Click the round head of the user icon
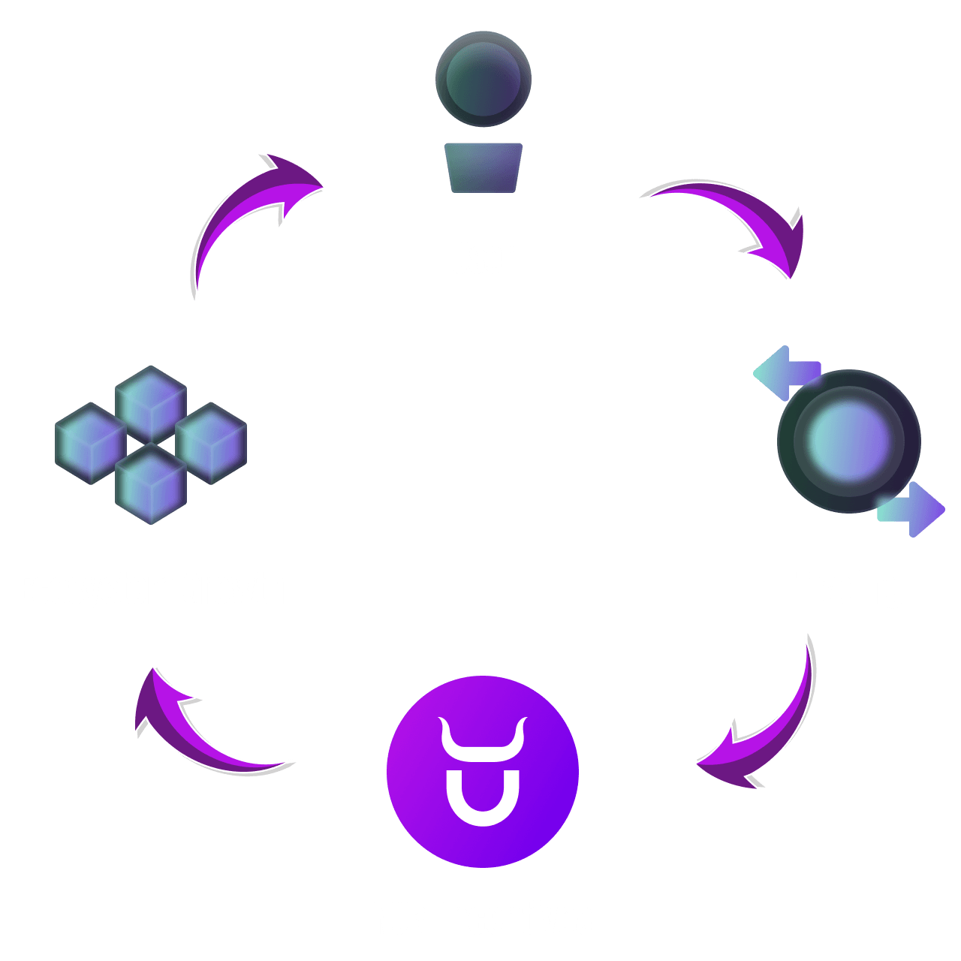(484, 79)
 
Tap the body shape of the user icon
(484, 167)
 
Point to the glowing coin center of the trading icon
(849, 441)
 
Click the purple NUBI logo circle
(483, 772)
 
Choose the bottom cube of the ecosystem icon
(151, 484)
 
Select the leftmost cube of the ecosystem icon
(91, 443)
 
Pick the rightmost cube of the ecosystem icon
(211, 443)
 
